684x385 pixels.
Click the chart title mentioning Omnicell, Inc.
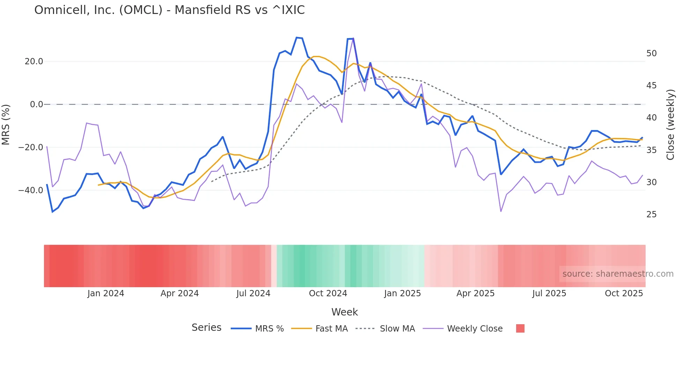point(169,10)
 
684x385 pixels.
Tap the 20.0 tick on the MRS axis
point(34,61)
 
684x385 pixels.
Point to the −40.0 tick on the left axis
point(31,190)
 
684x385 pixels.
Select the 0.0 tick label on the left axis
point(37,104)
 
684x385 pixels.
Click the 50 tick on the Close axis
point(651,53)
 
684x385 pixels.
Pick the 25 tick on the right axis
point(651,215)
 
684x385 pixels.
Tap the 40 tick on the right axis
point(651,118)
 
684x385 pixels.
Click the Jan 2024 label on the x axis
point(106,293)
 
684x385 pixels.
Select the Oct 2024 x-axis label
point(328,293)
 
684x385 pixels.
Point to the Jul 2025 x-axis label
point(549,293)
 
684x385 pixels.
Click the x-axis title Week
point(344,312)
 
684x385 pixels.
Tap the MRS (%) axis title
point(6,125)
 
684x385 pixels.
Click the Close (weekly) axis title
point(670,125)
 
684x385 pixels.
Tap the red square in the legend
point(520,328)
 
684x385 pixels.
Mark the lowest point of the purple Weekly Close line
point(501,211)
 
